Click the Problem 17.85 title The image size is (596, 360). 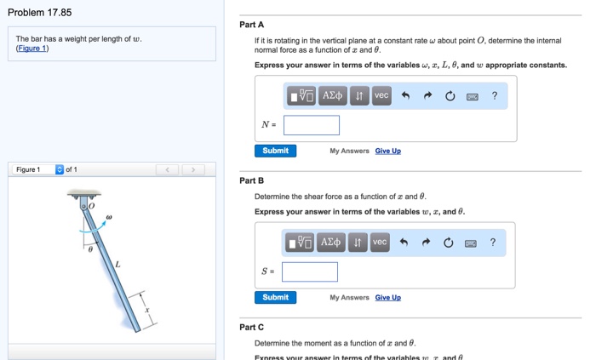(x=40, y=12)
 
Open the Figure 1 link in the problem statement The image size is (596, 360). (x=32, y=49)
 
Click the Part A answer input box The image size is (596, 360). (x=312, y=125)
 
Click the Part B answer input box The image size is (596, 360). (x=310, y=271)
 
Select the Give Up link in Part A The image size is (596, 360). (x=387, y=151)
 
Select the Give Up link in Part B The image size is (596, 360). (x=387, y=297)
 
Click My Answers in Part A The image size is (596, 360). (x=349, y=151)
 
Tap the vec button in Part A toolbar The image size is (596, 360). (x=381, y=96)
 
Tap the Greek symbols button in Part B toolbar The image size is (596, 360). (x=330, y=243)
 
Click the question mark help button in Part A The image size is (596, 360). (x=494, y=96)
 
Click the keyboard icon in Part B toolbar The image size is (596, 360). (x=470, y=243)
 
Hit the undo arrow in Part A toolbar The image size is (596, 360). (x=406, y=96)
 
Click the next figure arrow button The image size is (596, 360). (x=193, y=169)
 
